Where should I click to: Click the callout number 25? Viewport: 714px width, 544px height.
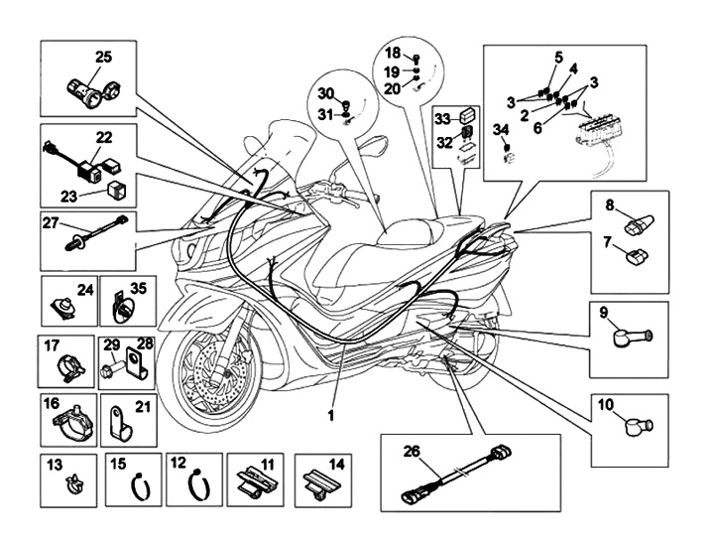(104, 56)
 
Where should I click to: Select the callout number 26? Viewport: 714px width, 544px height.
(412, 452)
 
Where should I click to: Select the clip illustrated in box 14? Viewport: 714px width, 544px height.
(319, 482)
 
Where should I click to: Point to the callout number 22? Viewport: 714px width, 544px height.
(104, 136)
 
